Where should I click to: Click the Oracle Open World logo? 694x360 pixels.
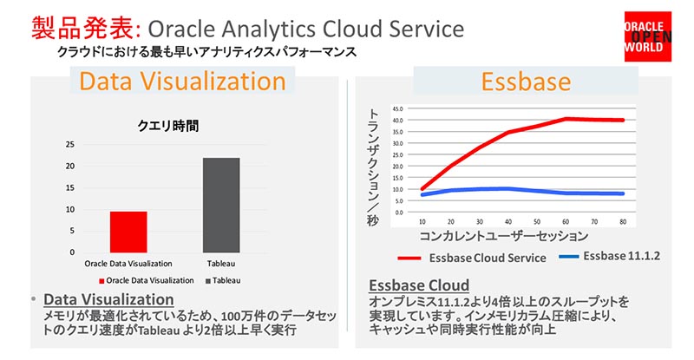coord(650,39)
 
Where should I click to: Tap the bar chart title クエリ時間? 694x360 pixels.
coord(169,126)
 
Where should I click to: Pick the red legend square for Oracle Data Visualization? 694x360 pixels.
coord(101,280)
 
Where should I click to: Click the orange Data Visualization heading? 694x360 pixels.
coord(182,82)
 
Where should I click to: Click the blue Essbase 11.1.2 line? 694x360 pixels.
coord(520,191)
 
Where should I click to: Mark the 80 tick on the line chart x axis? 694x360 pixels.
coord(623,222)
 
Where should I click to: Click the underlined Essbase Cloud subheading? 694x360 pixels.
coord(419,285)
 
